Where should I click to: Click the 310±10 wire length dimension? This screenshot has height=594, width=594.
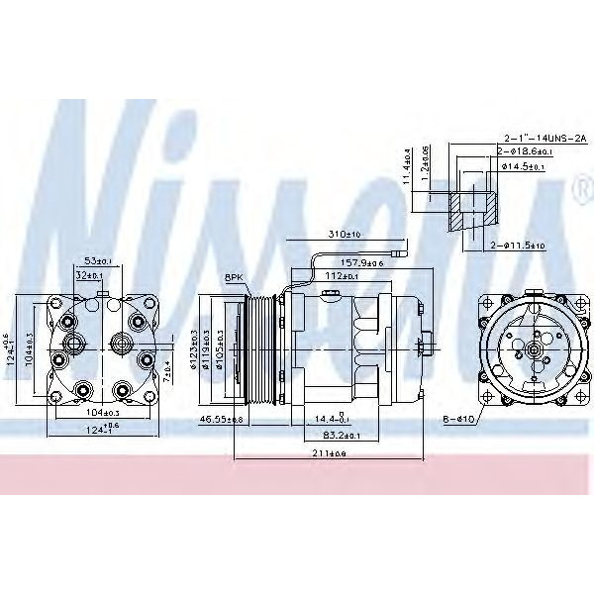[x=344, y=235]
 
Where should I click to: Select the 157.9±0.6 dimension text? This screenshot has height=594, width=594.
[x=362, y=262]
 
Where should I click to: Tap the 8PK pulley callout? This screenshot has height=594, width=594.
[x=235, y=279]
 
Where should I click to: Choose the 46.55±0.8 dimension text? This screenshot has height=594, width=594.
[x=220, y=420]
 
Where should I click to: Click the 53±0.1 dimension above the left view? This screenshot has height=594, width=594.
[x=97, y=261]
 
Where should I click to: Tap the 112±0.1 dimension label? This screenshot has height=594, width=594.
[x=342, y=276]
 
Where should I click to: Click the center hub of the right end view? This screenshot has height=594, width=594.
[x=532, y=348]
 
